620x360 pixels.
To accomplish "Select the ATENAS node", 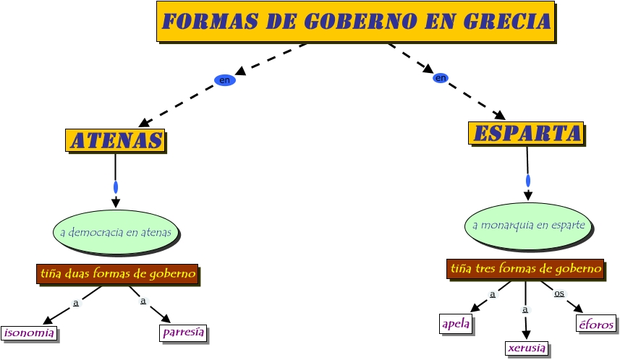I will point(115,140).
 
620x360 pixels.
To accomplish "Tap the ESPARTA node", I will point(526,133).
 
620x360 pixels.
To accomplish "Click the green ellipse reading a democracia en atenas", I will point(116,233).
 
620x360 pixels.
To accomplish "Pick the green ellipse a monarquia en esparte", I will point(528,225).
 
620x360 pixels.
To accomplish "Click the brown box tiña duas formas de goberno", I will point(117,274).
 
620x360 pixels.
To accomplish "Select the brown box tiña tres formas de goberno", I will point(525,269).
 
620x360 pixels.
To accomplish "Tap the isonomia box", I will point(29,333).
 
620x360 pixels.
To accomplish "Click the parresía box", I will point(183,333).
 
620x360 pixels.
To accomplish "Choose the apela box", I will point(456,324).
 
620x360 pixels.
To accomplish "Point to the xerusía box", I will point(526,348).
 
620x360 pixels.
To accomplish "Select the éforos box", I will point(596,324).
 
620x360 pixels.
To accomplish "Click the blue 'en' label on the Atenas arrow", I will point(225,80).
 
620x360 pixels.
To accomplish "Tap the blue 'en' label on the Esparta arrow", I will point(441,77).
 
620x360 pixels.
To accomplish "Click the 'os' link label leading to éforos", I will point(559,293).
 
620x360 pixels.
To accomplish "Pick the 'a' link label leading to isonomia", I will point(75,303).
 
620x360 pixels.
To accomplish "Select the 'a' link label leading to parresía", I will point(143,301).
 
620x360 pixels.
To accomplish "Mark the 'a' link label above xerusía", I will point(525,309).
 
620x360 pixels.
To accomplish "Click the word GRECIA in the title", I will point(506,22).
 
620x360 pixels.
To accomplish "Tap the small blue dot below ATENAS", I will point(116,187).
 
